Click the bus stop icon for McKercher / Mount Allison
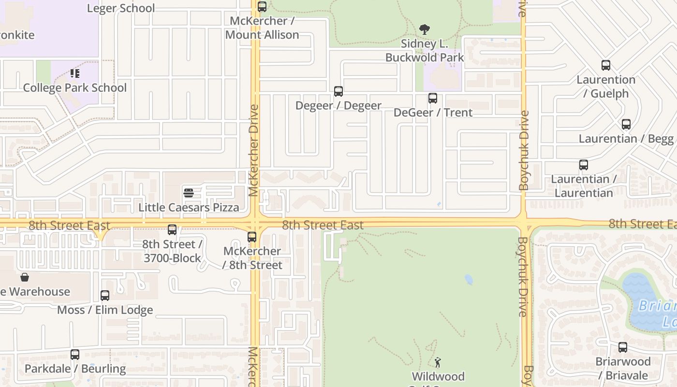point(262,7)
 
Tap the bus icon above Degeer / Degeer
point(338,91)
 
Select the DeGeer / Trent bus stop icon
point(433,98)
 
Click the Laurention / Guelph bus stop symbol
point(606,65)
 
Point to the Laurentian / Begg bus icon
point(626,124)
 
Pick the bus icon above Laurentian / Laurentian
point(584,165)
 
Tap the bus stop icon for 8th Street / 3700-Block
point(172,230)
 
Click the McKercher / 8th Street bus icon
point(252,237)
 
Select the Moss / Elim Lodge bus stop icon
point(105,296)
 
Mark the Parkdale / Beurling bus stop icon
point(75,355)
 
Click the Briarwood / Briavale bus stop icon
point(623,347)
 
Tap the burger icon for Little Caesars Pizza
point(189,193)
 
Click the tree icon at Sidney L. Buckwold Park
point(425,30)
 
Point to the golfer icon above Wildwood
point(438,362)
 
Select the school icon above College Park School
point(75,74)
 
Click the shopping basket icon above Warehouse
point(25,277)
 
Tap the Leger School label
point(121,8)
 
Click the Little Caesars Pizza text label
point(189,208)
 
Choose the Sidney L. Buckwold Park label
point(425,50)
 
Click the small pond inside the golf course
point(468,280)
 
